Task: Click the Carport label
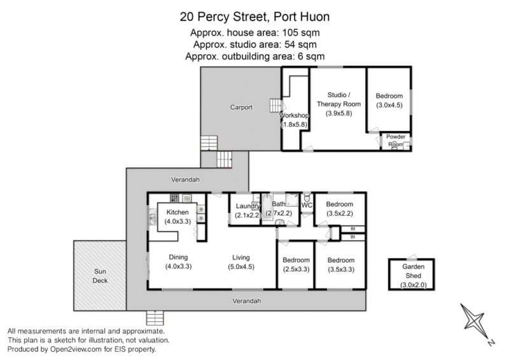(x=241, y=107)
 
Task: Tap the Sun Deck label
(x=100, y=276)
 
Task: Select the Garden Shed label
(x=413, y=271)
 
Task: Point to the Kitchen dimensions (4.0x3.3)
(x=178, y=221)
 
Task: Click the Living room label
(x=241, y=258)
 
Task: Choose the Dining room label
(x=178, y=257)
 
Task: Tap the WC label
(x=307, y=205)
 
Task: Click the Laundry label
(x=248, y=206)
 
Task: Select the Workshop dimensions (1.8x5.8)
(x=294, y=124)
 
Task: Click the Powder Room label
(x=396, y=140)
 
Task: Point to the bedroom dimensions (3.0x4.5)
(x=389, y=105)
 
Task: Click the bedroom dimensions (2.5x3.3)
(x=296, y=269)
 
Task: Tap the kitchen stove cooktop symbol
(x=174, y=198)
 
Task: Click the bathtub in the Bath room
(x=267, y=207)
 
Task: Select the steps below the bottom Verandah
(x=155, y=318)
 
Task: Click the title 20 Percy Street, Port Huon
(x=255, y=17)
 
